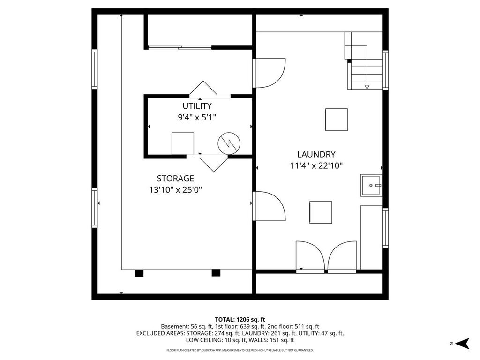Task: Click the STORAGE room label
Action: point(175,179)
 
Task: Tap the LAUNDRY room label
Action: point(316,154)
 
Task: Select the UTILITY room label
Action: point(197,106)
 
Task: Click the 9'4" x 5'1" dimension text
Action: point(197,117)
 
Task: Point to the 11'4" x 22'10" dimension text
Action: point(316,165)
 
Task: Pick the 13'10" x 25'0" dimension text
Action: point(175,190)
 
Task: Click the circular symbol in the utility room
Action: point(229,143)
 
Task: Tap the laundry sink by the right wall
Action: point(371,185)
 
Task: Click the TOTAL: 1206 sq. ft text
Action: point(240,320)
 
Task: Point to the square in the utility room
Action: point(183,143)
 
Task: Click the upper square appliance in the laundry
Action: point(337,120)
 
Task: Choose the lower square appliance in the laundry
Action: point(321,212)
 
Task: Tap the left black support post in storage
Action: point(139,273)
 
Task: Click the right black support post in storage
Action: point(216,273)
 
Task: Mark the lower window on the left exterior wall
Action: point(95,208)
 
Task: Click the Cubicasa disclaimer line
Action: point(240,350)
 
